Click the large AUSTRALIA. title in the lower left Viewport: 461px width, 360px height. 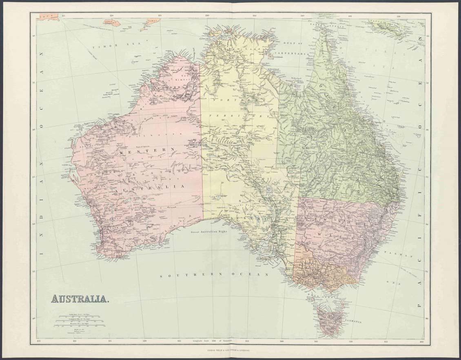coord(80,299)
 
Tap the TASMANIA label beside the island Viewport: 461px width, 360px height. coord(352,322)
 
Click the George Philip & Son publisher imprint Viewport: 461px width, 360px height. coord(230,350)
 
